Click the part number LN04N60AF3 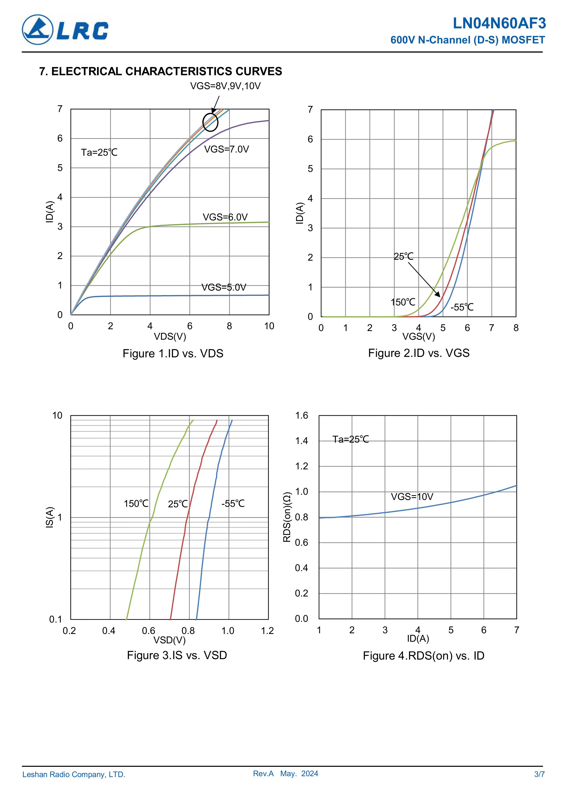[499, 23]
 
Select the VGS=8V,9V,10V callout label [225, 86]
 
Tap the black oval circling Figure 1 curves [210, 122]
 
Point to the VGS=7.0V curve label [226, 150]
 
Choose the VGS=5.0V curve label [224, 287]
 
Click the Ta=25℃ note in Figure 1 [99, 152]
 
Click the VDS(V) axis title [170, 336]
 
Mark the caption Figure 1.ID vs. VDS [173, 353]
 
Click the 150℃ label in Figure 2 [403, 302]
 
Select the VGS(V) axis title [419, 337]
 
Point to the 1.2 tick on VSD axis [267, 631]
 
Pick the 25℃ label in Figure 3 [178, 504]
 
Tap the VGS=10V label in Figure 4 [412, 497]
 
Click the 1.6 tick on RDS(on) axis [302, 415]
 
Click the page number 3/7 [539, 774]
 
